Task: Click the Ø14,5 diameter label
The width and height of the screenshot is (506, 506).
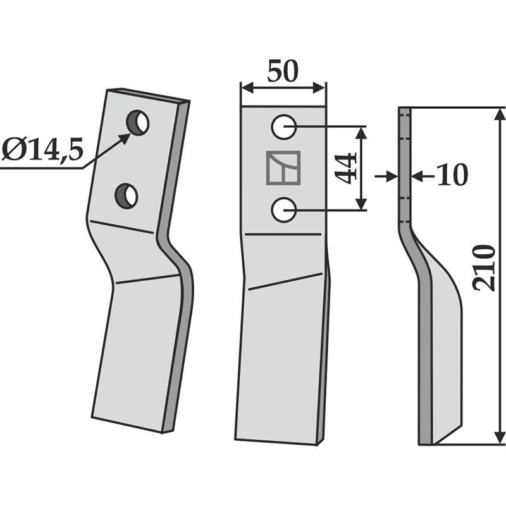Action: tap(42, 150)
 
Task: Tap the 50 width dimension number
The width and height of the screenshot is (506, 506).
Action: tap(283, 71)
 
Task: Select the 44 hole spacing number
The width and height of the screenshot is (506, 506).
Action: tap(345, 168)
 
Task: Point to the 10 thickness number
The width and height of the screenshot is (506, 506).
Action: tap(452, 175)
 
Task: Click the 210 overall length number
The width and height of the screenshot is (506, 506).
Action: tap(484, 268)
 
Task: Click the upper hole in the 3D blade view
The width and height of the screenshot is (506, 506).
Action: tap(138, 123)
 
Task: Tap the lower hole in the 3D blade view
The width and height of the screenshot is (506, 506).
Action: tap(126, 196)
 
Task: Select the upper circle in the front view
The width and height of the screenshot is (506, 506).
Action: tap(283, 127)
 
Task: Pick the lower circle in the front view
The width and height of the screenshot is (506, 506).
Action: tap(283, 210)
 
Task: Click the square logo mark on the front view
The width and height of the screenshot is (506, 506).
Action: tap(283, 168)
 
